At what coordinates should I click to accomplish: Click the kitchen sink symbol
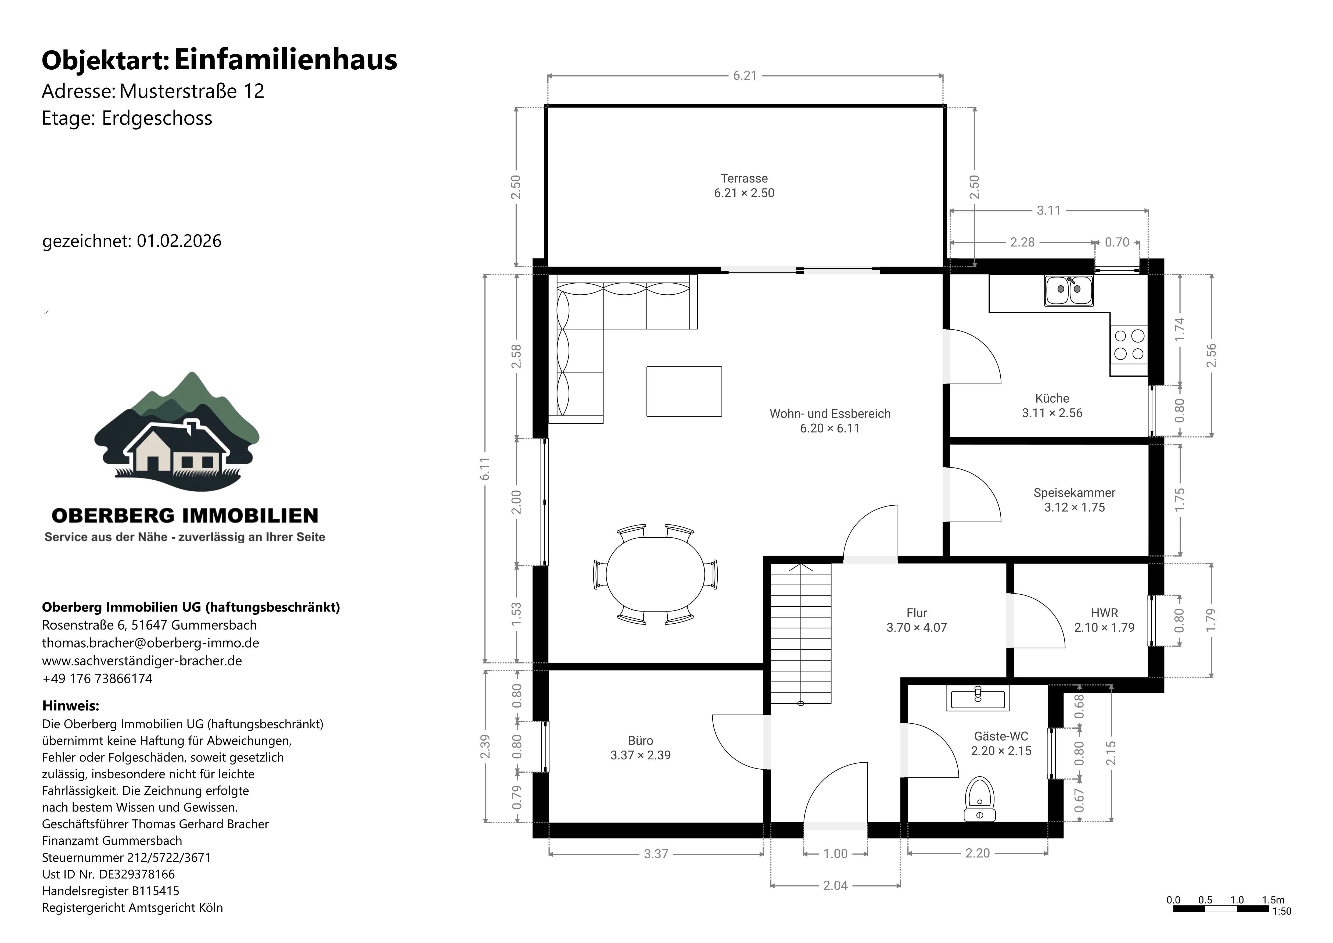pyautogui.click(x=1069, y=290)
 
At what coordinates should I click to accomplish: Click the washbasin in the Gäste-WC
pyautogui.click(x=978, y=697)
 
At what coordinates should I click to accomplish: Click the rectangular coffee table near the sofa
pyautogui.click(x=684, y=391)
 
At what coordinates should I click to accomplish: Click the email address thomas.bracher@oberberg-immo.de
pyautogui.click(x=150, y=643)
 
